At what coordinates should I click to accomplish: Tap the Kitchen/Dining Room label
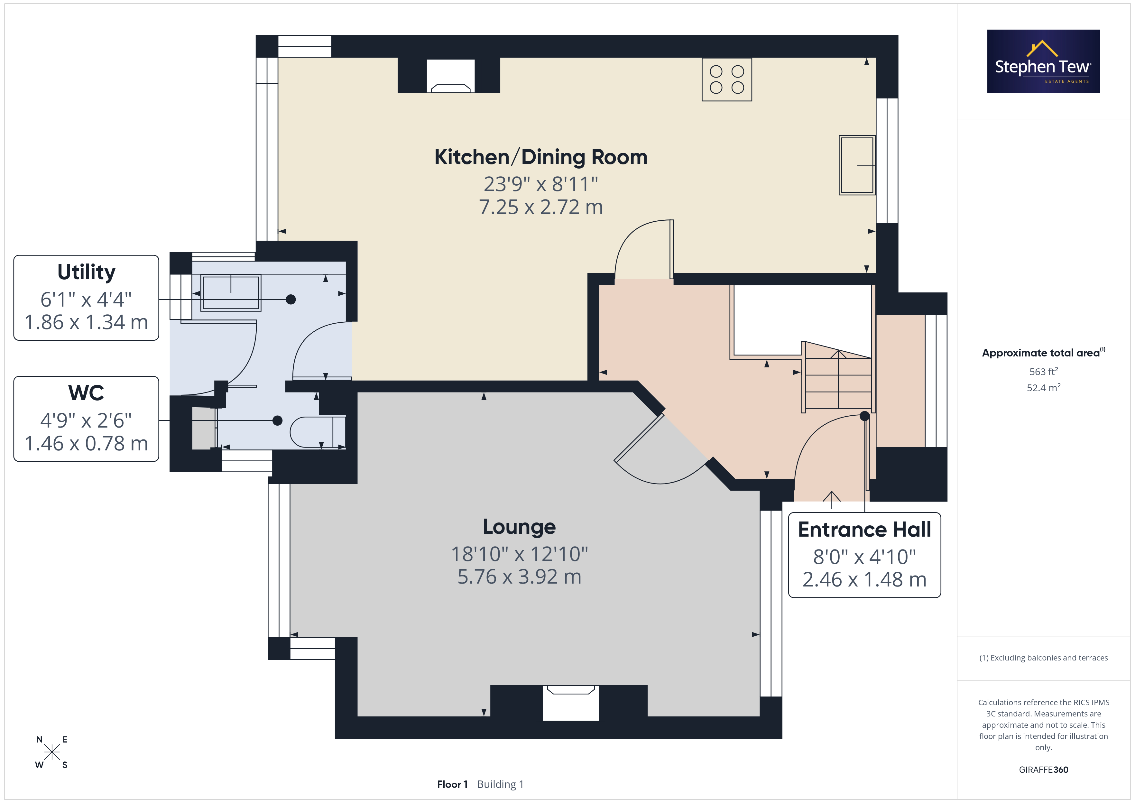coord(541,157)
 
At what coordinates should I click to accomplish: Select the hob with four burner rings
coord(727,79)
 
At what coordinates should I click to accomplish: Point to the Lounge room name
coord(519,527)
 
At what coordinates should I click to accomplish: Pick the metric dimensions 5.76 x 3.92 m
coord(519,577)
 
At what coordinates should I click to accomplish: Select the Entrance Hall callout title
coord(864,530)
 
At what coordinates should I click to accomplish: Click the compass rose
coord(51,752)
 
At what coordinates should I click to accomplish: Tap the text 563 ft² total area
coord(1044,371)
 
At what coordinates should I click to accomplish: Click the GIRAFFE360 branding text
coord(1044,770)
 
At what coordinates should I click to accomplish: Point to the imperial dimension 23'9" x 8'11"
coord(541,184)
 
